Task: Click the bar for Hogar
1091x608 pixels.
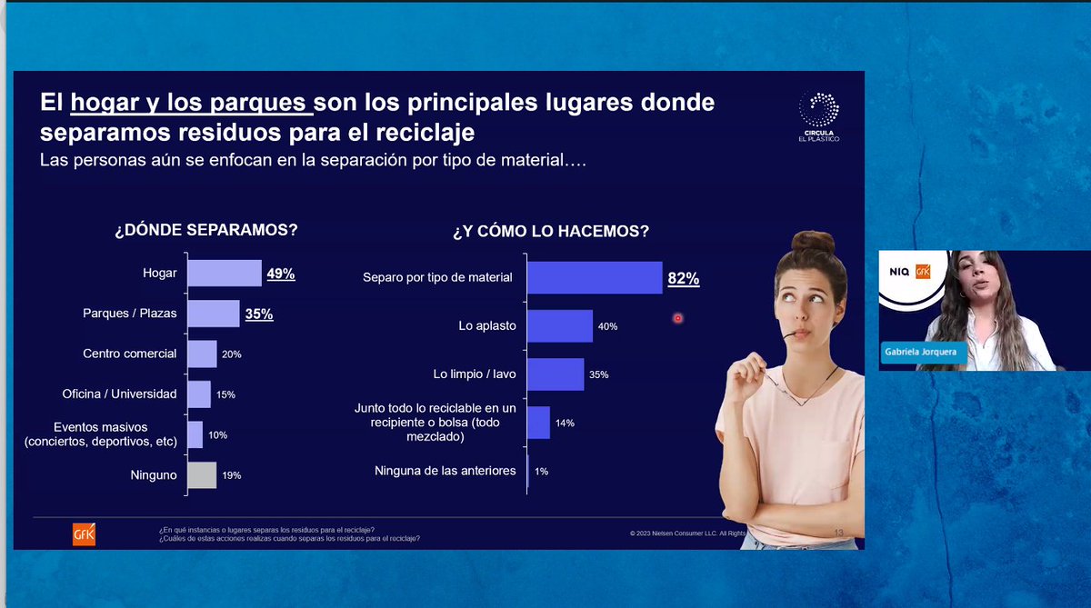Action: click(224, 273)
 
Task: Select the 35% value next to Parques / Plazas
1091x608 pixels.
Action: click(258, 314)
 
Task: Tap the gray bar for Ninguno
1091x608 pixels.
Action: click(202, 474)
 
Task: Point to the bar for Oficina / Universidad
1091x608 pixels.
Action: click(198, 394)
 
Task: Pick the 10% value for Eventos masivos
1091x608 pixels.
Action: click(217, 435)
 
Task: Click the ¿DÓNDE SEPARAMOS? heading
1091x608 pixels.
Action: click(205, 230)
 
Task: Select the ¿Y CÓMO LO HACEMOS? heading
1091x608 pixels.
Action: click(551, 232)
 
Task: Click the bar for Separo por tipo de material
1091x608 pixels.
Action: click(594, 277)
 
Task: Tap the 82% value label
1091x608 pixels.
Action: click(683, 279)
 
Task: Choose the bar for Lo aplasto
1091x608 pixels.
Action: click(559, 325)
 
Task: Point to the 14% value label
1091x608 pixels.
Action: click(565, 424)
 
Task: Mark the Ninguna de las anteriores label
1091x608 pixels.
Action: click(445, 471)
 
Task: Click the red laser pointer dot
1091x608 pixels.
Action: click(677, 318)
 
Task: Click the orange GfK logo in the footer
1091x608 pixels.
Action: click(84, 534)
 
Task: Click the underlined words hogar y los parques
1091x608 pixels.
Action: click(191, 104)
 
